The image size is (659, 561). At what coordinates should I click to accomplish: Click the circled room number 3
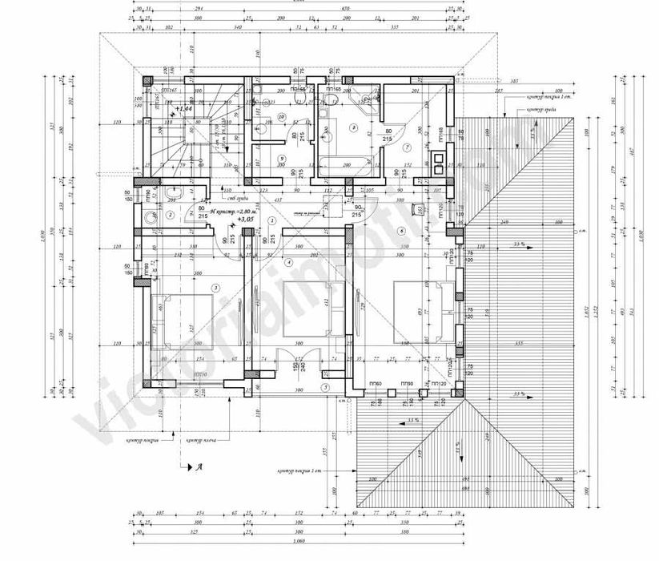pyautogui.click(x=215, y=287)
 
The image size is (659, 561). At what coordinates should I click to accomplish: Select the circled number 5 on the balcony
pyautogui.click(x=325, y=387)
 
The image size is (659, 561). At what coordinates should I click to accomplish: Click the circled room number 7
pyautogui.click(x=407, y=148)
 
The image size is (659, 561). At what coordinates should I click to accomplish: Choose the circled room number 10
pyautogui.click(x=280, y=117)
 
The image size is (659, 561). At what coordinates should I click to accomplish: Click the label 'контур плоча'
pyautogui.click(x=202, y=440)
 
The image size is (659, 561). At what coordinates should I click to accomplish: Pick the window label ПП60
pyautogui.click(x=376, y=385)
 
